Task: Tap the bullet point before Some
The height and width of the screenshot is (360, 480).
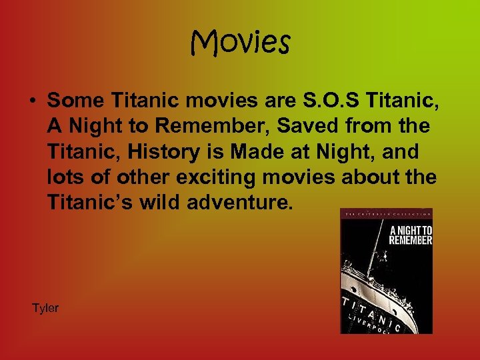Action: (31, 101)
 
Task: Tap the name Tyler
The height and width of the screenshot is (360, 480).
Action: (45, 308)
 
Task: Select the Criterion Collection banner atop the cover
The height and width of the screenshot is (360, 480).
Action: (387, 213)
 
